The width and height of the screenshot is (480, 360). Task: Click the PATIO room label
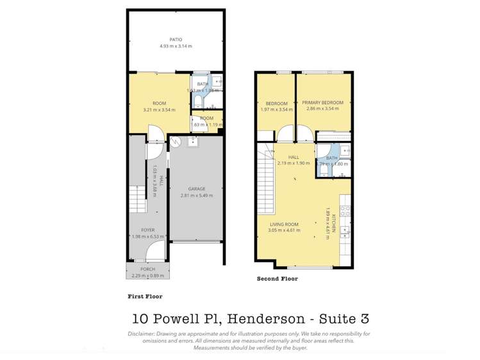pyautogui.click(x=176, y=40)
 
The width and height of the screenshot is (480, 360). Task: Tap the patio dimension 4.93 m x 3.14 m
pyautogui.click(x=176, y=46)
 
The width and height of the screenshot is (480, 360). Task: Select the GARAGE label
pyautogui.click(x=197, y=189)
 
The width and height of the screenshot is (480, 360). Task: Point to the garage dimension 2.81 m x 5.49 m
pyautogui.click(x=197, y=195)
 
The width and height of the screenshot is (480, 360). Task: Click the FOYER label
pyautogui.click(x=148, y=229)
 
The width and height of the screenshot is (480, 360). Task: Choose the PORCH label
pyautogui.click(x=148, y=269)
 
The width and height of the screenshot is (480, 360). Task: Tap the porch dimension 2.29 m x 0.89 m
pyautogui.click(x=148, y=275)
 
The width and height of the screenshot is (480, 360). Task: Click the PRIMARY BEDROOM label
pyautogui.click(x=323, y=102)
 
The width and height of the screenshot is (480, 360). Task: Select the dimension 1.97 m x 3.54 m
pyautogui.click(x=276, y=110)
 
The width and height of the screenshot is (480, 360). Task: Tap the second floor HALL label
pyautogui.click(x=294, y=157)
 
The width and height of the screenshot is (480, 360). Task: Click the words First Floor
pyautogui.click(x=144, y=297)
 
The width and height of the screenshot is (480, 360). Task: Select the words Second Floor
pyautogui.click(x=277, y=279)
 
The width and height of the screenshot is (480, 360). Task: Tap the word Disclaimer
pyautogui.click(x=142, y=334)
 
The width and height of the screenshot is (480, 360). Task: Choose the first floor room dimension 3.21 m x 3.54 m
pyautogui.click(x=159, y=110)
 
